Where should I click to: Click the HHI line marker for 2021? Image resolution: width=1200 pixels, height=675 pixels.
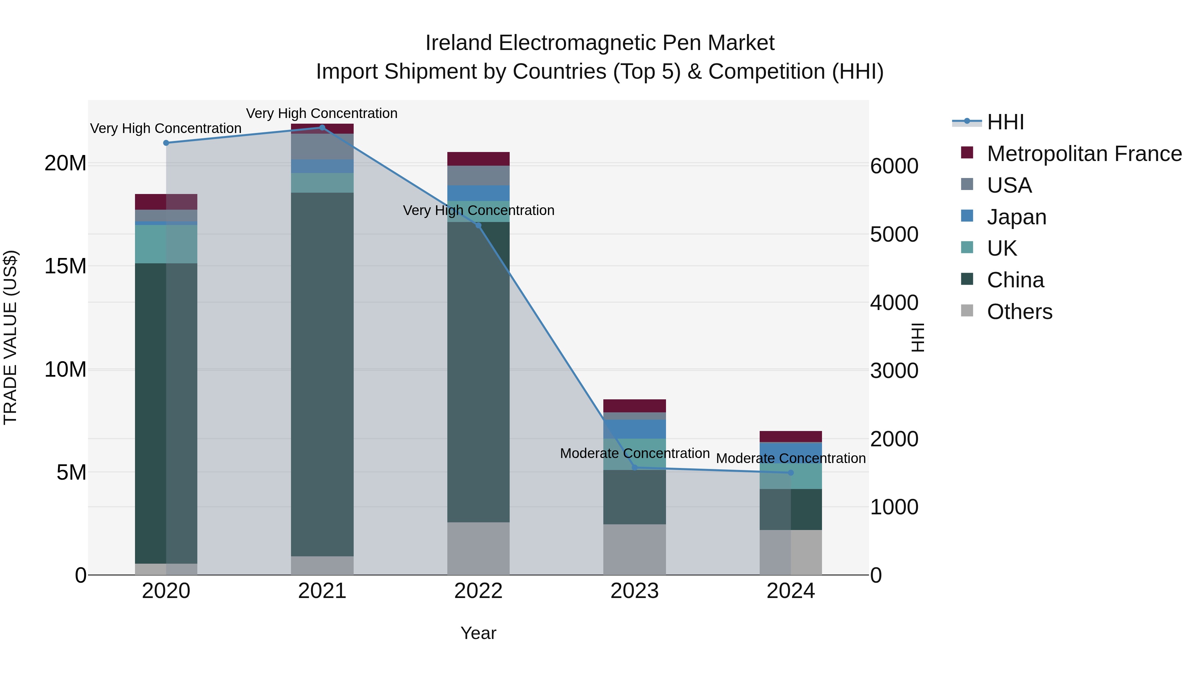(322, 128)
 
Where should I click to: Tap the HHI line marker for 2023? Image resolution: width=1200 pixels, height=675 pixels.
(634, 468)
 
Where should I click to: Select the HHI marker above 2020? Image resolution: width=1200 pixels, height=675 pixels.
(166, 143)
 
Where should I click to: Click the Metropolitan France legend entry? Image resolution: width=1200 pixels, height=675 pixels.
(1084, 154)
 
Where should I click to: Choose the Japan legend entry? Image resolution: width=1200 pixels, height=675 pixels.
(1016, 217)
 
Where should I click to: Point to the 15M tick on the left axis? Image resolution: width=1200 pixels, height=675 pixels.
(65, 266)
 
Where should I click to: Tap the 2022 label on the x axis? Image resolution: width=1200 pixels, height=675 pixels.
(478, 591)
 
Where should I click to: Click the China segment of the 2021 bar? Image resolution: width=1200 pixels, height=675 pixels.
(322, 373)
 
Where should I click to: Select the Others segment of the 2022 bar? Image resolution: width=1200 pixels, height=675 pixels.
(478, 548)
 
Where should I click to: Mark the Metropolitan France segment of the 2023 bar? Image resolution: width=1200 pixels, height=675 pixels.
(634, 406)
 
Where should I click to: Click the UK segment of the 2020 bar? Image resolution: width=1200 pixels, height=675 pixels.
(166, 244)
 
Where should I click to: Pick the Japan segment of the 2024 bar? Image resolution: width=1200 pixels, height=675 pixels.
(791, 452)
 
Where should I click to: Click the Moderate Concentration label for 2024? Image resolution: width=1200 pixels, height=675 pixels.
(791, 458)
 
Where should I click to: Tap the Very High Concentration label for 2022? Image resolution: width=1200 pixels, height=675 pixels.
(478, 211)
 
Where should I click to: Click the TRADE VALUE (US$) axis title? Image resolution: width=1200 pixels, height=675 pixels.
(10, 337)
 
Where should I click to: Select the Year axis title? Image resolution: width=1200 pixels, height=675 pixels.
(478, 633)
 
